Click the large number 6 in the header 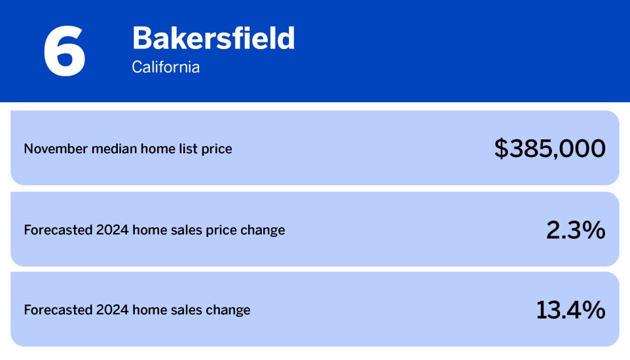[64, 51]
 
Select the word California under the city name [166, 67]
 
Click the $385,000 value [549, 149]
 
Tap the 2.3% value [575, 230]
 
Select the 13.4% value [570, 310]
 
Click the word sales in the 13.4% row [184, 310]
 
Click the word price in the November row [215, 150]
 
